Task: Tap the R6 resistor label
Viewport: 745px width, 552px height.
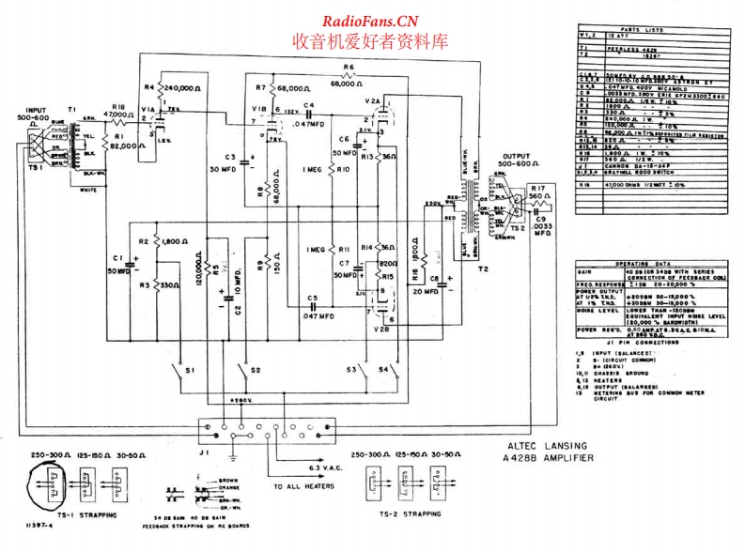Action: (348, 68)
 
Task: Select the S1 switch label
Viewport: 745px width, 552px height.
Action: (190, 372)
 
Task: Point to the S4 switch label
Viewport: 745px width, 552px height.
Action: (383, 372)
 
